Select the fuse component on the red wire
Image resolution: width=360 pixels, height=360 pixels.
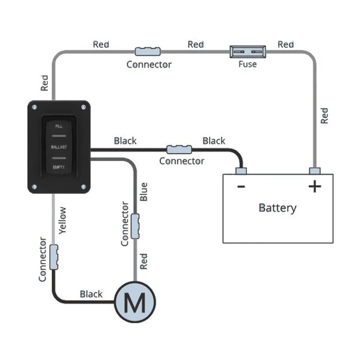[247, 51]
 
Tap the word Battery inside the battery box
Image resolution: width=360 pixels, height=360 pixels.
[277, 208]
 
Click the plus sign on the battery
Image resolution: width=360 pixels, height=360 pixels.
[315, 187]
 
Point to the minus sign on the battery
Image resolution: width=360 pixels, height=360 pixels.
[241, 187]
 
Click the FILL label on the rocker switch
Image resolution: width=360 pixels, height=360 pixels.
[59, 127]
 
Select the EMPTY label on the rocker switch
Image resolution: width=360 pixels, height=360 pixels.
[59, 167]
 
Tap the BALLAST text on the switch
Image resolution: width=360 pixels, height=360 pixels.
[59, 147]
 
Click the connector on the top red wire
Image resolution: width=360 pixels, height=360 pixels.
[148, 51]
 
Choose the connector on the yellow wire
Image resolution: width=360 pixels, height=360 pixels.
[54, 257]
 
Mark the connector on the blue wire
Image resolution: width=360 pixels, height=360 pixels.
[135, 225]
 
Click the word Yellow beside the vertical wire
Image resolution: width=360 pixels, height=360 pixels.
[62, 220]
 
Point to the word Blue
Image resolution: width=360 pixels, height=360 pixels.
[144, 192]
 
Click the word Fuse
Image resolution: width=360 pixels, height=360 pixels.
[247, 64]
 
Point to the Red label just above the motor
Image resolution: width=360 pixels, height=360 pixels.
[144, 261]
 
